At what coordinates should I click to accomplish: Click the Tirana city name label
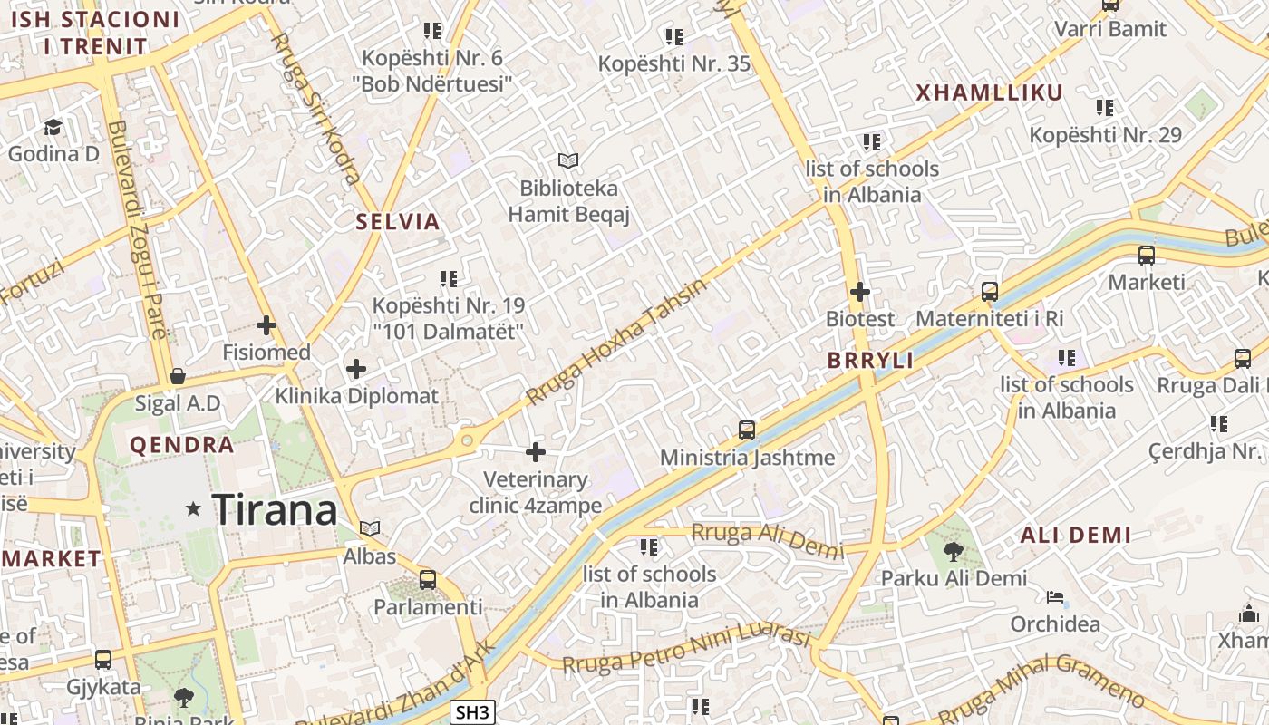click(x=275, y=510)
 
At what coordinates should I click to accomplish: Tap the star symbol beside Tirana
click(x=193, y=509)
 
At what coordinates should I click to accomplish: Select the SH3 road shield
click(x=472, y=712)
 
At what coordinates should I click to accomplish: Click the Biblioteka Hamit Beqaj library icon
click(x=568, y=160)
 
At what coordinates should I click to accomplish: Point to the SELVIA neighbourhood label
click(x=398, y=221)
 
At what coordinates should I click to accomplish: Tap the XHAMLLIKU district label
click(x=989, y=92)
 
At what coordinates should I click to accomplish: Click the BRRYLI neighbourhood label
click(x=870, y=360)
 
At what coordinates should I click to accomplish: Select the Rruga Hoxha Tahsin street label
click(x=615, y=342)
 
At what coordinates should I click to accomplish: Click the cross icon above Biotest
click(x=860, y=292)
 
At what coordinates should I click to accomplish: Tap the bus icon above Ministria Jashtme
click(x=747, y=430)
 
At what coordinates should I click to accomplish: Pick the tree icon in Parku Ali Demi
click(x=953, y=551)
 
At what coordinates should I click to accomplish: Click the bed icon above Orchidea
click(x=1055, y=597)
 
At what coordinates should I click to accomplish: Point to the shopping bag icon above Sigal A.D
click(x=178, y=375)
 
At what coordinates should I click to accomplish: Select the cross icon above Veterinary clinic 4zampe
click(x=536, y=451)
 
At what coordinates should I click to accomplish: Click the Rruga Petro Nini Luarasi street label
click(x=686, y=650)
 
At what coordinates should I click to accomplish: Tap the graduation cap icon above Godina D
click(x=53, y=126)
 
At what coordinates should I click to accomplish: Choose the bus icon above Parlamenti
click(x=428, y=579)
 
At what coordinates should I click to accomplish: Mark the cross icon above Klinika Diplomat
click(x=356, y=369)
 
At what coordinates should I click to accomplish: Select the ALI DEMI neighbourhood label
click(x=1076, y=535)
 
